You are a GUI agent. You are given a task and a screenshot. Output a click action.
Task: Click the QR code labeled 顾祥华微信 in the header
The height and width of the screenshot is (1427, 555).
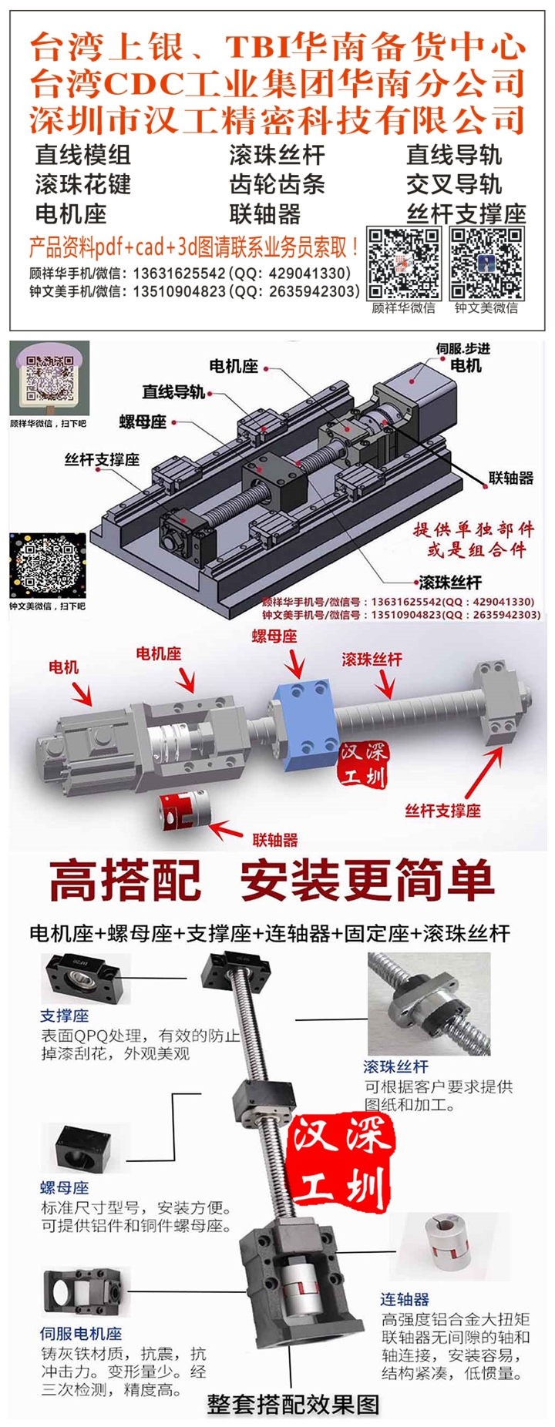click(x=404, y=264)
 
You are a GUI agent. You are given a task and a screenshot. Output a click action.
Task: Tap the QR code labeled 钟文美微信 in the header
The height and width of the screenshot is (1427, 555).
click(x=487, y=264)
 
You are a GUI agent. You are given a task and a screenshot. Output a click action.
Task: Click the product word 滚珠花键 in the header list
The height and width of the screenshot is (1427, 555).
click(x=83, y=185)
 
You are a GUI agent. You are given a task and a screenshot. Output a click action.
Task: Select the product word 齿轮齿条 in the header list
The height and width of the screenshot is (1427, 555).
click(x=277, y=185)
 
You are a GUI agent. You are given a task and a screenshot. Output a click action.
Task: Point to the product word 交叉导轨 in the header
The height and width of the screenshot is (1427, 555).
click(x=455, y=185)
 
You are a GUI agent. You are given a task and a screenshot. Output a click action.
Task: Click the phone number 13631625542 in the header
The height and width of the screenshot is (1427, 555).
click(x=179, y=274)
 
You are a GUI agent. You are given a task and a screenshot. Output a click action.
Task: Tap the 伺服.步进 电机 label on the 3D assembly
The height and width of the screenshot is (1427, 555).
click(x=463, y=358)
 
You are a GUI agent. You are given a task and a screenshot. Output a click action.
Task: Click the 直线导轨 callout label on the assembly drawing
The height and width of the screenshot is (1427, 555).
click(x=173, y=392)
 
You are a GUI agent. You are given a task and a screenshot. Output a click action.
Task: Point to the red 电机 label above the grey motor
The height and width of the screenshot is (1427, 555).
click(x=63, y=666)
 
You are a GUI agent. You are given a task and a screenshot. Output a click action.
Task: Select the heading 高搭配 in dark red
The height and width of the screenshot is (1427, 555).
click(x=126, y=881)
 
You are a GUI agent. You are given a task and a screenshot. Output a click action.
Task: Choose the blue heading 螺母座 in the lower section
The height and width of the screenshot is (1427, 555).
click(x=65, y=1188)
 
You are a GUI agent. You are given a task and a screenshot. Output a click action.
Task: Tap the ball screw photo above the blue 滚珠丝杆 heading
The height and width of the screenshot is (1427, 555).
click(x=429, y=1004)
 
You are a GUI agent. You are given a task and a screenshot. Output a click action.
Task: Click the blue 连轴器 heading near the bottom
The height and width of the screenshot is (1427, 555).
click(x=405, y=1299)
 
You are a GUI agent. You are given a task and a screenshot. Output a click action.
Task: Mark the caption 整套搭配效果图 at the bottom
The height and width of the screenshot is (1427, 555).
click(x=293, y=1404)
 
